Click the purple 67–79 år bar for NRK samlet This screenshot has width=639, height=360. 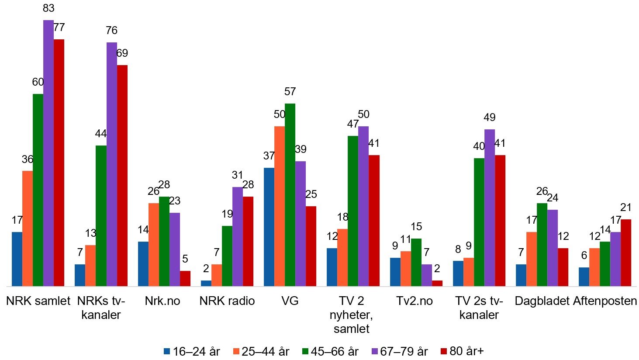[x=48, y=153]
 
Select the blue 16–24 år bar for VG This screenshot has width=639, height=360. [x=269, y=227]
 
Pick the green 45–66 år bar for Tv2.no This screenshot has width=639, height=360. [x=416, y=262]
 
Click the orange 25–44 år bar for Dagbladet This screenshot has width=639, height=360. [x=531, y=259]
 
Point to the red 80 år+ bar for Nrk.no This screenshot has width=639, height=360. [x=185, y=278]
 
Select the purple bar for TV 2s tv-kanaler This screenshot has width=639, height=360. [x=489, y=208]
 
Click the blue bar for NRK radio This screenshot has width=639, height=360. [x=206, y=283]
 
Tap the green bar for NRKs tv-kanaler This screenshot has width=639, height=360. [x=101, y=216]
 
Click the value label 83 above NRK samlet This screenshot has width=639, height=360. [x=48, y=8]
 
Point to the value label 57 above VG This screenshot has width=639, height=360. [x=290, y=92]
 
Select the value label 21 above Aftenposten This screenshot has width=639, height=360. [x=625, y=208]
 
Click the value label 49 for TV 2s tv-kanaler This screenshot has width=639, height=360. [x=489, y=118]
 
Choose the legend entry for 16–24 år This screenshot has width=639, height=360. [x=192, y=351]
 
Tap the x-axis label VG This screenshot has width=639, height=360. [x=290, y=301]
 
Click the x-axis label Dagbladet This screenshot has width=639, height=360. [x=542, y=301]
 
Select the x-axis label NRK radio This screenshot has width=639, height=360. [x=227, y=301]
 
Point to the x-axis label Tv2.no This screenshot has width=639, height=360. [x=414, y=301]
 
